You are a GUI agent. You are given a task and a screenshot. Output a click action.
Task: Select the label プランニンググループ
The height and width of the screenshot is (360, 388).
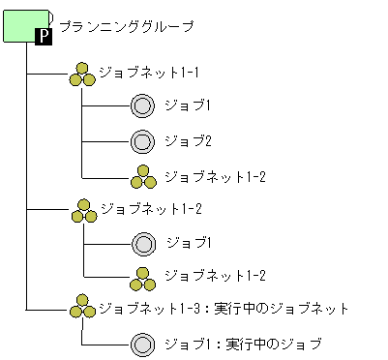126,27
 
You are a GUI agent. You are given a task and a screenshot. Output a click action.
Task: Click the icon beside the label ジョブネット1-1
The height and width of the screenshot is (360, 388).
82,75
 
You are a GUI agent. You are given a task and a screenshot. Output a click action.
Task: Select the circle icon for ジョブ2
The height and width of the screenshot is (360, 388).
142,141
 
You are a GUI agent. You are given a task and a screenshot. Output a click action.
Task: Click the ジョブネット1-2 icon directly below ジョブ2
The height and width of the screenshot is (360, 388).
142,176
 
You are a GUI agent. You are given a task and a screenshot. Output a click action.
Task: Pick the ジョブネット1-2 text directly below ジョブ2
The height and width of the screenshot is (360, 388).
215,176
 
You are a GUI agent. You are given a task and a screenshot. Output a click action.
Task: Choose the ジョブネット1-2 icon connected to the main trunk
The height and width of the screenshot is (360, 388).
82,210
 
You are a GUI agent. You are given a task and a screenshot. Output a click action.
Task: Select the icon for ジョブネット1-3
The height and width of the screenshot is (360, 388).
82,309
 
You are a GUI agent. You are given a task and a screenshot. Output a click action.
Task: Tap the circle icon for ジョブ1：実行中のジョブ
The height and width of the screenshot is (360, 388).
142,344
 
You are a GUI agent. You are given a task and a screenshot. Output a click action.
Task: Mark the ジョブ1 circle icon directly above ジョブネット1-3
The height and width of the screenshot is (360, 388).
142,242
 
